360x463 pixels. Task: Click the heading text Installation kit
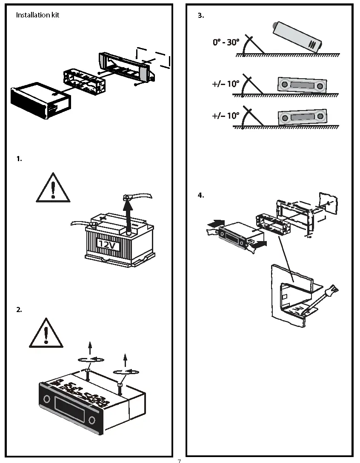[x=37, y=15]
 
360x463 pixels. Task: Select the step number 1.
[x=19, y=159]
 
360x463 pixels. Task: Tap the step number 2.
[x=19, y=310]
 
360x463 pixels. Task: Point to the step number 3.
[x=201, y=16]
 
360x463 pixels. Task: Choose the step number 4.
[x=201, y=196]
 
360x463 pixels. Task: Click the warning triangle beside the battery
[x=52, y=188]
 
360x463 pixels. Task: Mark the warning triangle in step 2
[x=46, y=333]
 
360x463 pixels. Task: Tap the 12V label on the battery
[x=106, y=244]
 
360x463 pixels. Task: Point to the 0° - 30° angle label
[x=226, y=43]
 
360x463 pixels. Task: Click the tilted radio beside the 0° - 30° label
[x=298, y=37]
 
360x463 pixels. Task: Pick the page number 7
[x=179, y=461]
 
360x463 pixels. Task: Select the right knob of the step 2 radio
[x=92, y=420]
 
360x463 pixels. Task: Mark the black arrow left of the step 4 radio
[x=217, y=222]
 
